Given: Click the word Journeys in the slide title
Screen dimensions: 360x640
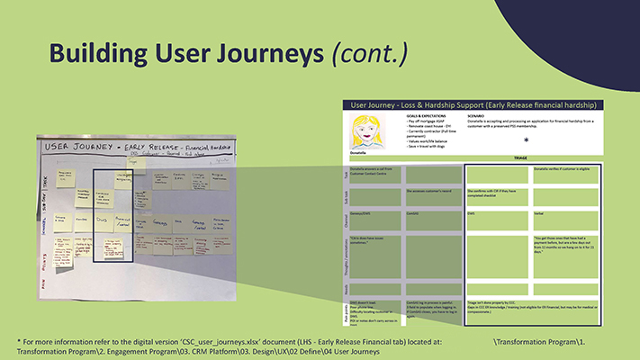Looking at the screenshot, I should pos(260,53).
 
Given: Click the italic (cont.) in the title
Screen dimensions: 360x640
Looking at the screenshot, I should pos(370,53).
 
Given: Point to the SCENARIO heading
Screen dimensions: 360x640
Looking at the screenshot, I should pos(482,116).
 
